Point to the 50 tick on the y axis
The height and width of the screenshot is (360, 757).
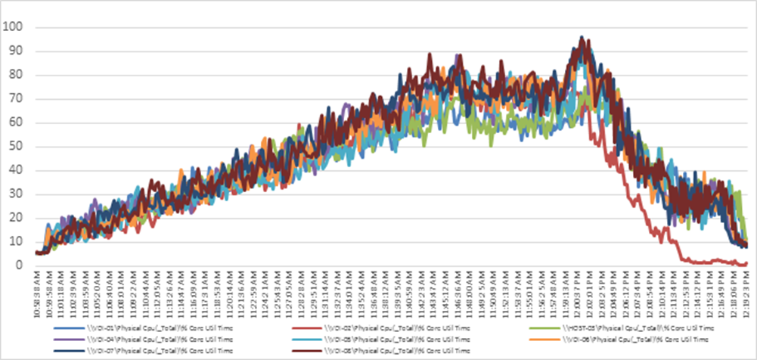point(14,147)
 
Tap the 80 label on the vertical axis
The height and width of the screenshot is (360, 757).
point(14,75)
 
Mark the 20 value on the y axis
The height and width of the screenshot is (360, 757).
point(14,218)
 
